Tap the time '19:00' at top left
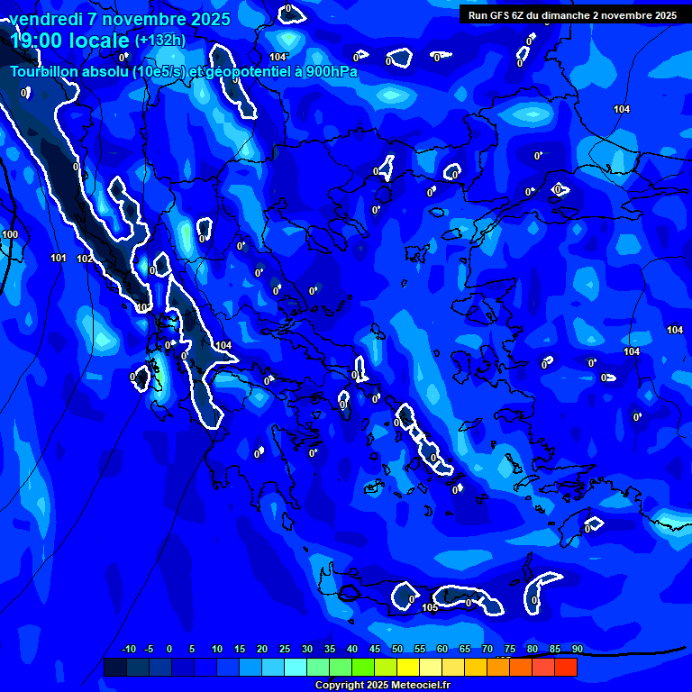click(41, 41)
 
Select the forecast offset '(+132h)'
click(160, 41)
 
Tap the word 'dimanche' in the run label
click(569, 15)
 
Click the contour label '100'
click(10, 234)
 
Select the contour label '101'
click(59, 259)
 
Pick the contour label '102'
click(84, 259)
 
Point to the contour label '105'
click(430, 608)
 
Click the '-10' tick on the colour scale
click(128, 650)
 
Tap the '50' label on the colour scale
click(397, 650)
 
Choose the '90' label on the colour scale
click(578, 650)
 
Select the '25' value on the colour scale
click(285, 650)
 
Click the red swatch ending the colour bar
click(566, 667)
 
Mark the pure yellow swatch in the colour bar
click(408, 667)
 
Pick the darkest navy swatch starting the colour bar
click(115, 667)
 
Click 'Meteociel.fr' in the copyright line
click(421, 686)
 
